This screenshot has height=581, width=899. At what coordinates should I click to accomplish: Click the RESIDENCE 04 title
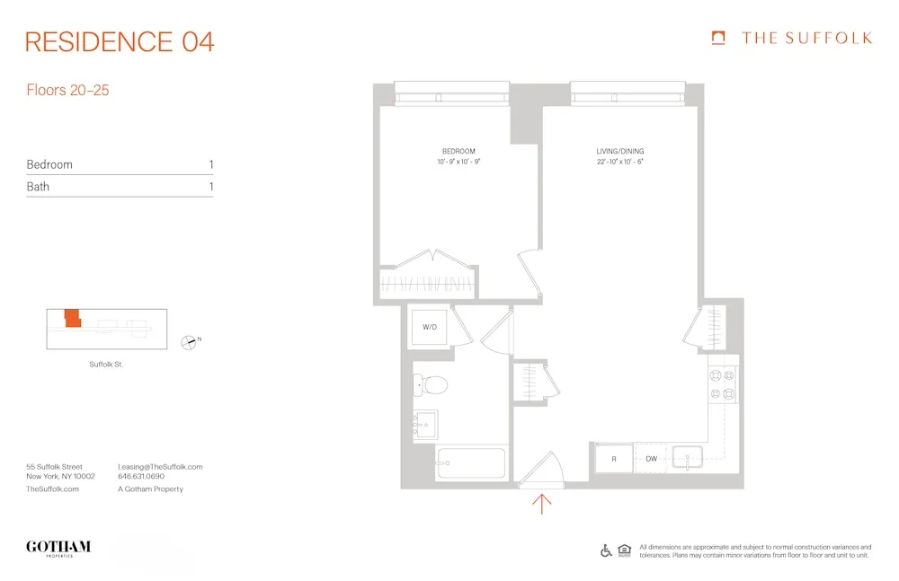[x=120, y=42]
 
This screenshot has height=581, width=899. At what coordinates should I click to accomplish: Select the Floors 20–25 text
[x=67, y=90]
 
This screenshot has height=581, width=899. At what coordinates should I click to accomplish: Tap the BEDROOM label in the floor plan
[x=458, y=151]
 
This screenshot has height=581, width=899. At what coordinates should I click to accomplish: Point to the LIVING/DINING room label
[x=620, y=151]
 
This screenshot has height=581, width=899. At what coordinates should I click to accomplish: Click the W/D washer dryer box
[x=430, y=327]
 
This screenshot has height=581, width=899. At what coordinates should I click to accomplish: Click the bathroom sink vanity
[x=425, y=423]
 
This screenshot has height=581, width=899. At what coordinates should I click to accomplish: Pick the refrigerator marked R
[x=613, y=459]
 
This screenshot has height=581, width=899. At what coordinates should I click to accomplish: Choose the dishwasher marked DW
[x=651, y=459]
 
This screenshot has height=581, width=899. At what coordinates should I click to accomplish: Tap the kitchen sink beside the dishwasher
[x=690, y=458]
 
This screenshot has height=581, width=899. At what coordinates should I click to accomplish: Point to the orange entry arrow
[x=542, y=503]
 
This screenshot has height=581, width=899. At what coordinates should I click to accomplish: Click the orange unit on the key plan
[x=71, y=318]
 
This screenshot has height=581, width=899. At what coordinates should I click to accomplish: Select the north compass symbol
[x=189, y=340]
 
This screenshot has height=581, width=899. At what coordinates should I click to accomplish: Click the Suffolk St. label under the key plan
[x=106, y=364]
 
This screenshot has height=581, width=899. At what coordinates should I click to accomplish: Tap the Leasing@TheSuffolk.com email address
[x=160, y=467]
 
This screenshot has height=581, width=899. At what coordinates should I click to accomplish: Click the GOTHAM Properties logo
[x=58, y=548]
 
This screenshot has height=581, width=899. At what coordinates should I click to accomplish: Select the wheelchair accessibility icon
[x=606, y=550]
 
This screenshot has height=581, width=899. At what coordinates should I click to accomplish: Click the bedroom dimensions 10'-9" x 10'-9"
[x=458, y=162]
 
